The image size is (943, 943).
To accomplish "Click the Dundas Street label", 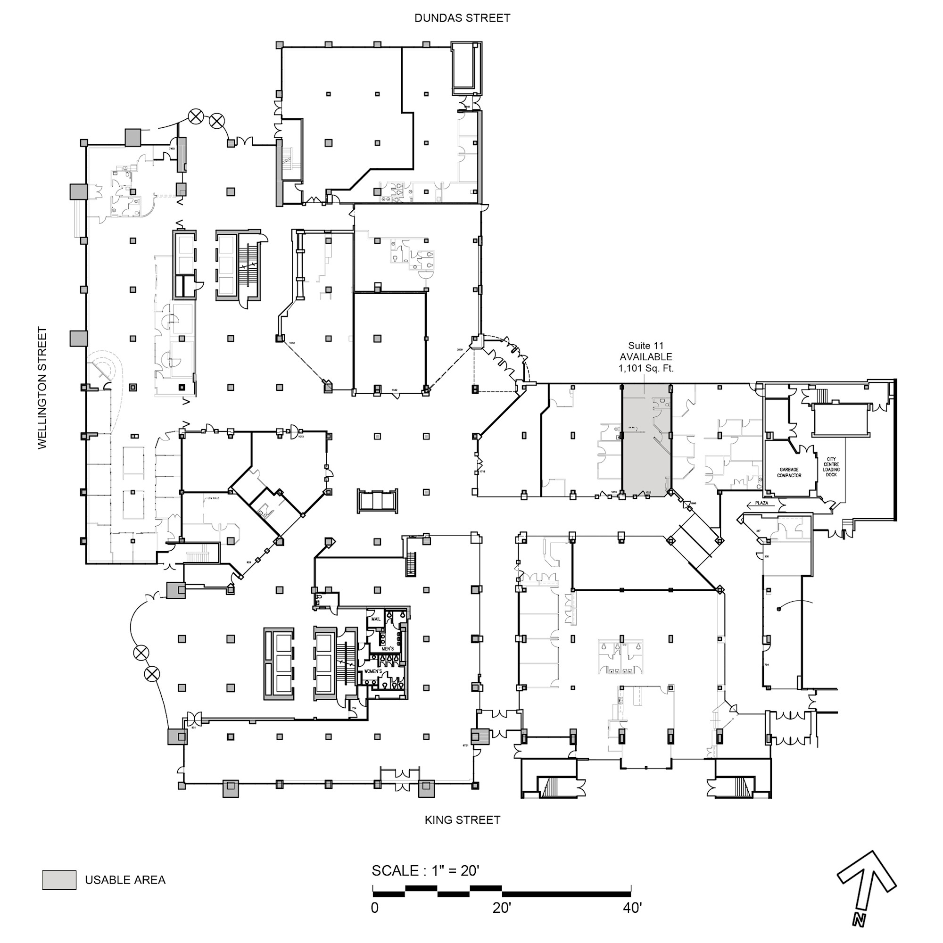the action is (462, 18).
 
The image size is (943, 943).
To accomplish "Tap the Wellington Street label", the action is (43, 388).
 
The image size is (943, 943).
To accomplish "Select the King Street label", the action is (462, 820).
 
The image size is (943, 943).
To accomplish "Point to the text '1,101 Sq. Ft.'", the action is (646, 369).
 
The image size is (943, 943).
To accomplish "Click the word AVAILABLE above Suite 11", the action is (646, 357).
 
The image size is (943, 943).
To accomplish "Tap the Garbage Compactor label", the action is (789, 472).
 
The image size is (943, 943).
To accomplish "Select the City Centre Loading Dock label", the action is (831, 467).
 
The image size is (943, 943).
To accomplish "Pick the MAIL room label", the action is (375, 620).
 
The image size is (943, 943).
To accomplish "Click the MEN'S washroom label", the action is (388, 649).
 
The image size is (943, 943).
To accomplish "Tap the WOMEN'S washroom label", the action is (373, 671).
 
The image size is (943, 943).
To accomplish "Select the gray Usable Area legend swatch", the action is (59, 880).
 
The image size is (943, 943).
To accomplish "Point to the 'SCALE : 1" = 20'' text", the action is (425, 871).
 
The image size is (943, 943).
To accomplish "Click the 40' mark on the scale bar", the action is (632, 908).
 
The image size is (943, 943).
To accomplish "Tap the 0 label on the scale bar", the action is (374, 908).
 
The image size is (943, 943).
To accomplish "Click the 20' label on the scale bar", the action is (501, 908).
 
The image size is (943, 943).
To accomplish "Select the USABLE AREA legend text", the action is (125, 880).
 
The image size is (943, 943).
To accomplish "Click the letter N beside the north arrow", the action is (859, 919).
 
